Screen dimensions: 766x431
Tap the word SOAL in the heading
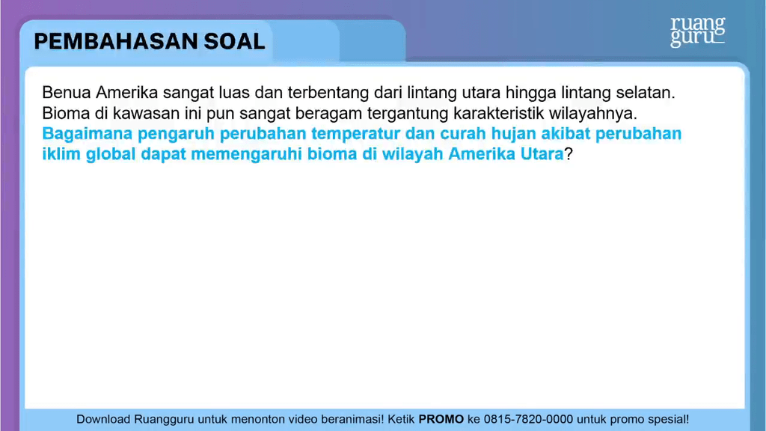click(x=234, y=41)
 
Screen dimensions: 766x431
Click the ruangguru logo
click(x=698, y=32)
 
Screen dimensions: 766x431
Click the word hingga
click(x=530, y=93)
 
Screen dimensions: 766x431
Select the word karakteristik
click(x=498, y=113)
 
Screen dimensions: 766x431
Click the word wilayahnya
click(x=593, y=114)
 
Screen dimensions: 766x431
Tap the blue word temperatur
click(x=355, y=134)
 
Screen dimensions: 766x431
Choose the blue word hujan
click(x=514, y=134)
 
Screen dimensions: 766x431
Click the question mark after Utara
click(x=569, y=154)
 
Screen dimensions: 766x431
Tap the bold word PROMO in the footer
click(x=441, y=419)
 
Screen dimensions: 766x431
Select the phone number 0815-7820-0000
click(x=528, y=419)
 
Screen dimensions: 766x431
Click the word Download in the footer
click(x=103, y=419)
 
